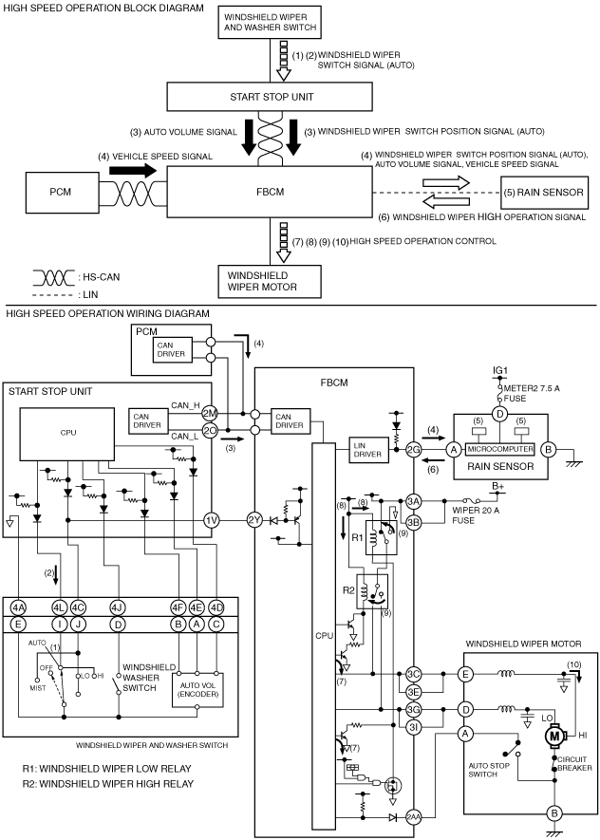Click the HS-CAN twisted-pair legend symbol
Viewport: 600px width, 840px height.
tap(53, 277)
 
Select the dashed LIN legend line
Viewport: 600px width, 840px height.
tap(52, 295)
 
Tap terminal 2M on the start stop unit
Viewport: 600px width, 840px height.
tap(210, 413)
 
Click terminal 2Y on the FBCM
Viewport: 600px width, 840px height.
tap(254, 520)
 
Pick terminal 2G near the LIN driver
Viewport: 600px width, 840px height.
tap(413, 450)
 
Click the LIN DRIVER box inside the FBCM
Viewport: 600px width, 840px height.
tap(367, 450)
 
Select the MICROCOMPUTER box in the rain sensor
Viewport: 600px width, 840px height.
tap(500, 449)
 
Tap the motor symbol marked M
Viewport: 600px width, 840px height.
tap(553, 737)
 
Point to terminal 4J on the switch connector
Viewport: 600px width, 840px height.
tap(117, 607)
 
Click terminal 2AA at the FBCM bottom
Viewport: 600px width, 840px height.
tap(413, 817)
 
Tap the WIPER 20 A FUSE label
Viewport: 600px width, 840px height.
tap(476, 515)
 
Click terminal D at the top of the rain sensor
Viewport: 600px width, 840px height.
tap(499, 414)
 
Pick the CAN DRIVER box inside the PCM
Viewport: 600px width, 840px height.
tap(172, 350)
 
